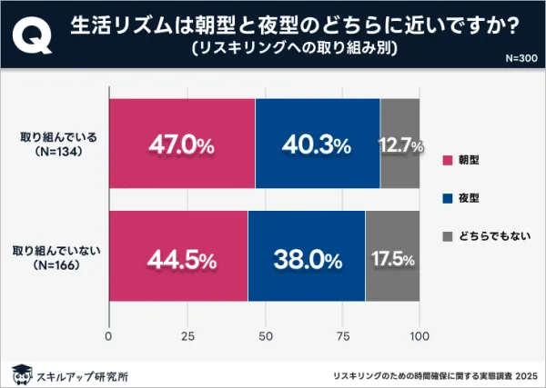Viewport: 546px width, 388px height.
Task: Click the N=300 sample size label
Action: pyautogui.click(x=521, y=58)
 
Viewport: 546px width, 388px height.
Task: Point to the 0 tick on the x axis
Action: pyautogui.click(x=109, y=336)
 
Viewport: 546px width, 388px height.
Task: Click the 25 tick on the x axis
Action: pyautogui.click(x=187, y=336)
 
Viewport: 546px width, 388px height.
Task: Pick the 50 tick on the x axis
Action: pyautogui.click(x=264, y=336)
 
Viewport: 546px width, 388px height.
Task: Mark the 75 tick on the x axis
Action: pyautogui.click(x=342, y=336)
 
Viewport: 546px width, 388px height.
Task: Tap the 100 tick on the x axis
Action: pyautogui.click(x=420, y=336)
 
